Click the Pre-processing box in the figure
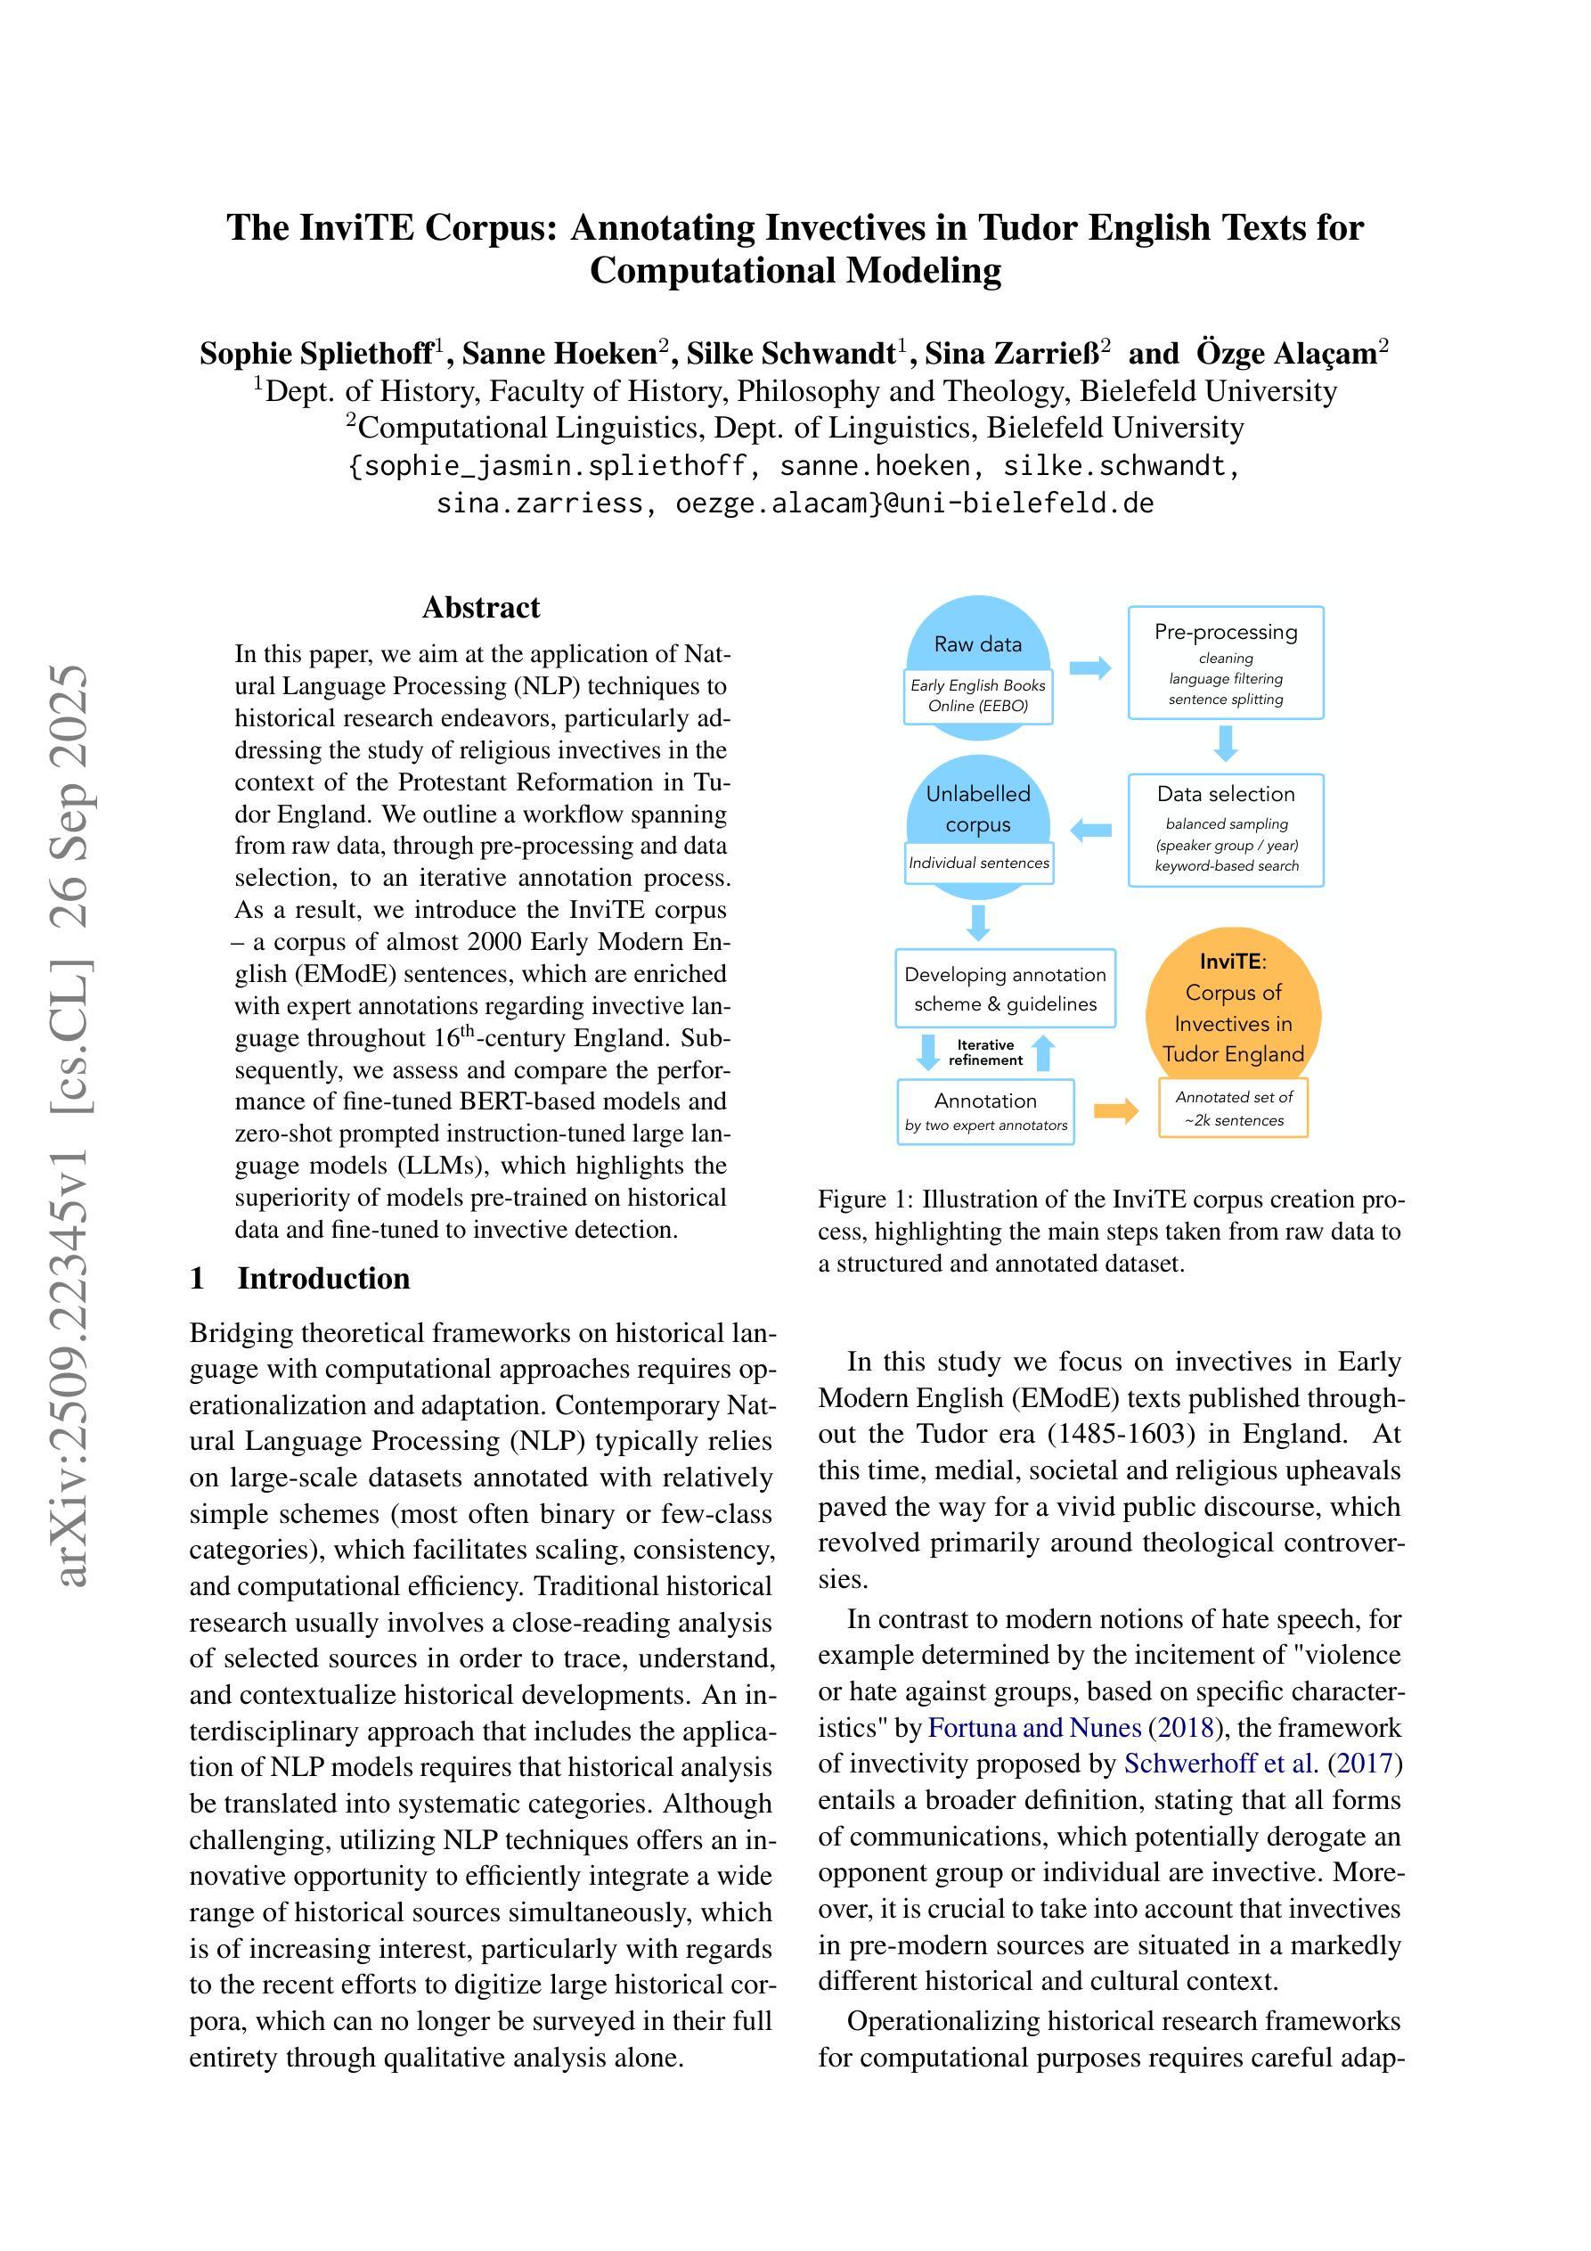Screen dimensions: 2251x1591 1226,663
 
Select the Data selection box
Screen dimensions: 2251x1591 1226,830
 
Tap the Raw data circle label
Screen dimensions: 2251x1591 977,644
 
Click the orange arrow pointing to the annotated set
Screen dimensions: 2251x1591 1115,1110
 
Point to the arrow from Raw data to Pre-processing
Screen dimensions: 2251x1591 1089,668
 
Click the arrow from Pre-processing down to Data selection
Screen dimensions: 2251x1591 1226,742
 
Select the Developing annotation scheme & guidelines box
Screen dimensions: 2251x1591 1005,988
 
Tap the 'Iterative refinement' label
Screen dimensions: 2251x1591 985,1052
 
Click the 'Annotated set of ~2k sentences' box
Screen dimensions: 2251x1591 1233,1109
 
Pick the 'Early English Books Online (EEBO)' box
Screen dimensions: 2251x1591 977,695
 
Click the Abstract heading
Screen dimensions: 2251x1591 480,608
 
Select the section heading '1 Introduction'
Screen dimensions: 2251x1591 300,1279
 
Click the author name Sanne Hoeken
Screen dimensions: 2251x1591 559,353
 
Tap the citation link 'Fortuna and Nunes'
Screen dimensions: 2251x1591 1034,1728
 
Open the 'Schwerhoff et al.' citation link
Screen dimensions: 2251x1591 1220,1764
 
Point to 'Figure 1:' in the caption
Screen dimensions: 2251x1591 866,1199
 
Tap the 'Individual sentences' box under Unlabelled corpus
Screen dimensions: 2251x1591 978,863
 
